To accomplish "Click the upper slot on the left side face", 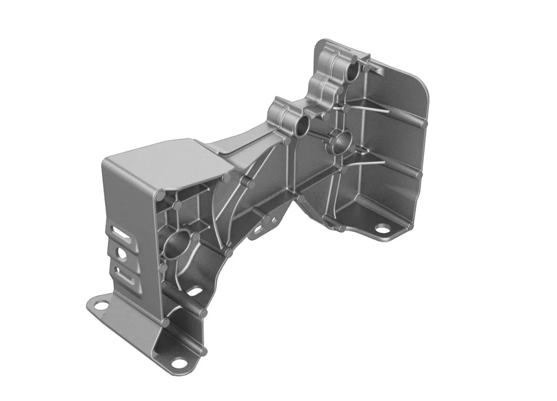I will click(121, 234).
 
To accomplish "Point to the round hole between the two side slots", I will click(121, 253).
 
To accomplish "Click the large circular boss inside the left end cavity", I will click(177, 244).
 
